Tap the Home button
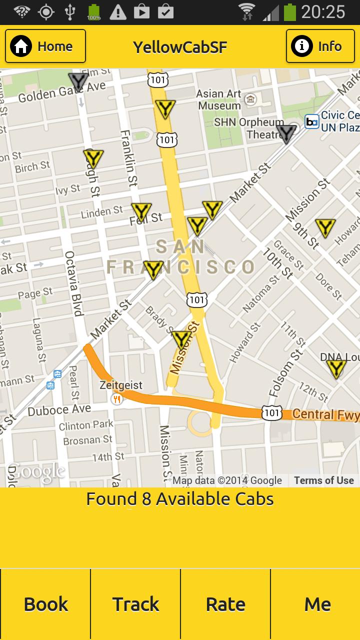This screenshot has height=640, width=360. (x=45, y=46)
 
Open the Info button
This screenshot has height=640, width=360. (x=320, y=46)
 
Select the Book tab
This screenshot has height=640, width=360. (x=45, y=604)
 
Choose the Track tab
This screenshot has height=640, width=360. (x=135, y=604)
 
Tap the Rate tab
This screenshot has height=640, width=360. (x=225, y=604)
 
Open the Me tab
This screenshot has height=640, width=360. (x=317, y=604)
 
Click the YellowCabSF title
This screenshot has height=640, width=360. (x=180, y=47)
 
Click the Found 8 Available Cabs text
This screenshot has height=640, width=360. (x=180, y=499)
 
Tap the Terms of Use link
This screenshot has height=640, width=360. (x=323, y=480)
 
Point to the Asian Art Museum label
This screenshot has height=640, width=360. (x=219, y=99)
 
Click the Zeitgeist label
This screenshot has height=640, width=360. (x=121, y=385)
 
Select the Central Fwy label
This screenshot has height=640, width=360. (x=325, y=414)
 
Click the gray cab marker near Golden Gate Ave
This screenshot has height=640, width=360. (x=78, y=80)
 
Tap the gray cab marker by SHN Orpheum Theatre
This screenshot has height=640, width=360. (x=287, y=133)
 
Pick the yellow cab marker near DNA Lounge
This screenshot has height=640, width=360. (x=336, y=368)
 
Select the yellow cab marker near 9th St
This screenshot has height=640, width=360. (x=325, y=227)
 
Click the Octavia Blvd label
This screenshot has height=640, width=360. (x=73, y=283)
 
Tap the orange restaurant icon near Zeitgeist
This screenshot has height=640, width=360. (x=117, y=398)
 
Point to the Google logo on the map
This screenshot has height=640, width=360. (x=36, y=471)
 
